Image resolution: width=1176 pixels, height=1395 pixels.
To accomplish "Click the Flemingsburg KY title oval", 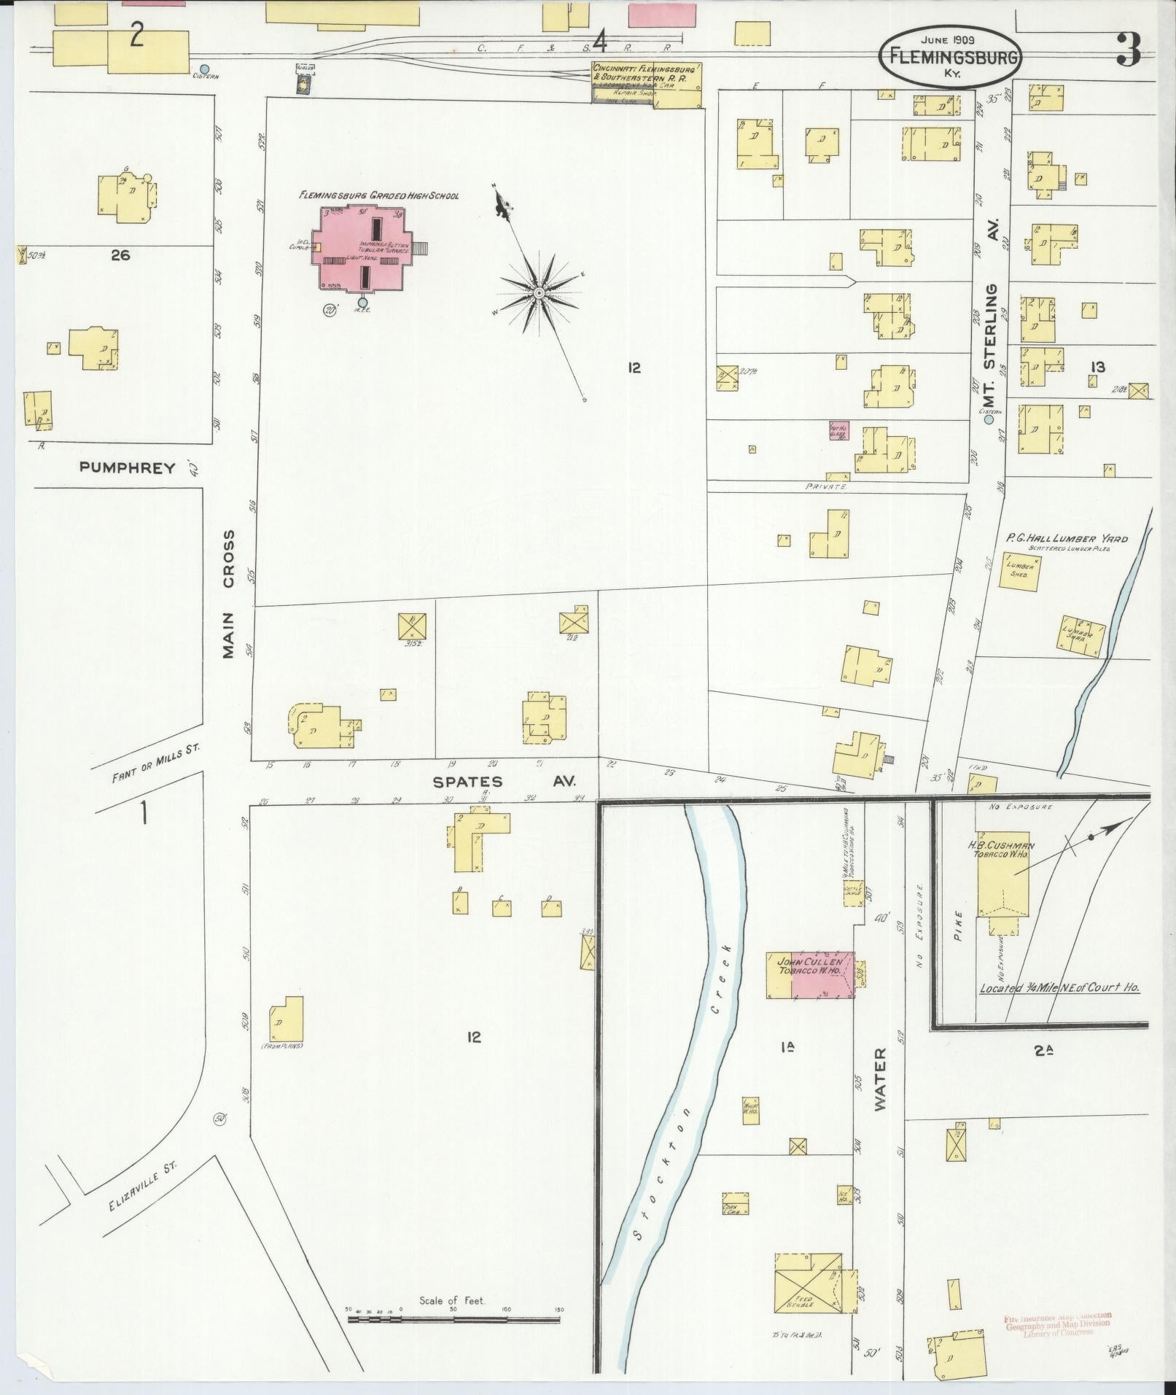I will point(950,57).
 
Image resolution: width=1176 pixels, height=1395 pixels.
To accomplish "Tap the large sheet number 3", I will point(1129,51).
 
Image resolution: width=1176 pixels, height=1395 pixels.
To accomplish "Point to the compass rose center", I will point(539,292).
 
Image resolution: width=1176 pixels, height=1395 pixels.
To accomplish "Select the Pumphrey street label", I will point(128,468).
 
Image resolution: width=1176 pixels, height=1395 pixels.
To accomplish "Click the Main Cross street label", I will point(229,594).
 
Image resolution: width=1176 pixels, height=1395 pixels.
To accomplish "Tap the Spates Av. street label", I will point(503,782).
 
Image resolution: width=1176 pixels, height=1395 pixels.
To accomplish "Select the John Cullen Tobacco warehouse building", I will point(809,974).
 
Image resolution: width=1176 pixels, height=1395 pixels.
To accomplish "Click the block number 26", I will point(121,254).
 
